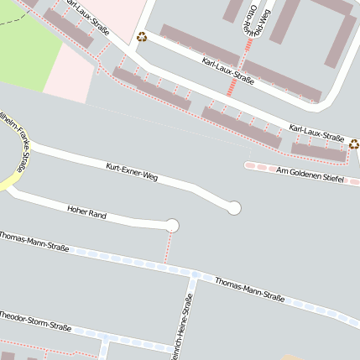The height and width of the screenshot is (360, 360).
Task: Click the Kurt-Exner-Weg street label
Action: tap(132, 172)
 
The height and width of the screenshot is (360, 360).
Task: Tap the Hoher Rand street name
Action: tap(86, 212)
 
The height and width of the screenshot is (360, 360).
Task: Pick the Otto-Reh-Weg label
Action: tap(258, 18)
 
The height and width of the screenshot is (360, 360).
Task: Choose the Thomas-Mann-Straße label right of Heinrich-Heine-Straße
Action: tap(249, 290)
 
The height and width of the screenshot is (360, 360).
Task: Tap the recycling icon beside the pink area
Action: tap(142, 36)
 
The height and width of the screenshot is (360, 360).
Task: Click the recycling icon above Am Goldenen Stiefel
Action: tap(353, 143)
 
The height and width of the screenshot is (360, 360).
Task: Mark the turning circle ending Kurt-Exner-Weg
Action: tap(234, 207)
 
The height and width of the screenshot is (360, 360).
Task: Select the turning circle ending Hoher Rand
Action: tap(173, 225)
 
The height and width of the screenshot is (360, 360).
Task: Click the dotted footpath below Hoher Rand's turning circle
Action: tap(168, 248)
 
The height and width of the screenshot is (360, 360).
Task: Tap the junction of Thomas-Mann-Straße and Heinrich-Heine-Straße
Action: tap(194, 275)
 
